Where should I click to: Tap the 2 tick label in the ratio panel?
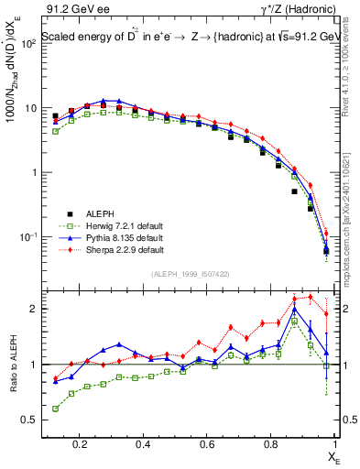pyautogui.click(x=35, y=309)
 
